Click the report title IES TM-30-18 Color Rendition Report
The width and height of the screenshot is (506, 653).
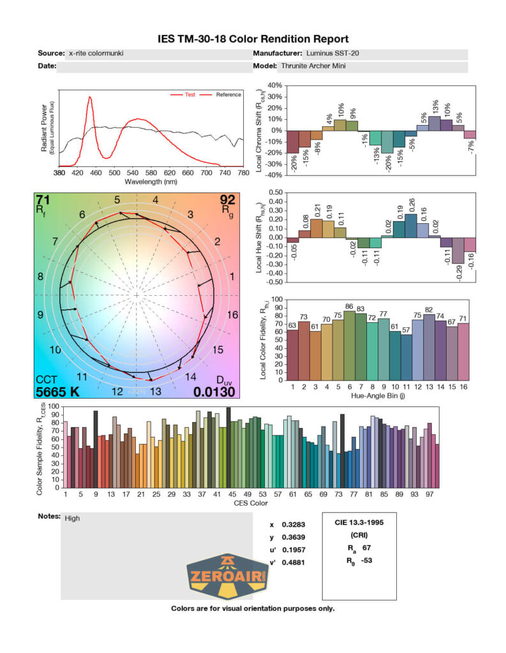tap(253, 39)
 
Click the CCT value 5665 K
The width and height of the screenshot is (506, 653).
tap(57, 392)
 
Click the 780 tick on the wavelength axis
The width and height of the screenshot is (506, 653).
tap(242, 172)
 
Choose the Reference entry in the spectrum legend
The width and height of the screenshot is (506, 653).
tap(228, 94)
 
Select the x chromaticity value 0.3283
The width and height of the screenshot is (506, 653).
tap(292, 525)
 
